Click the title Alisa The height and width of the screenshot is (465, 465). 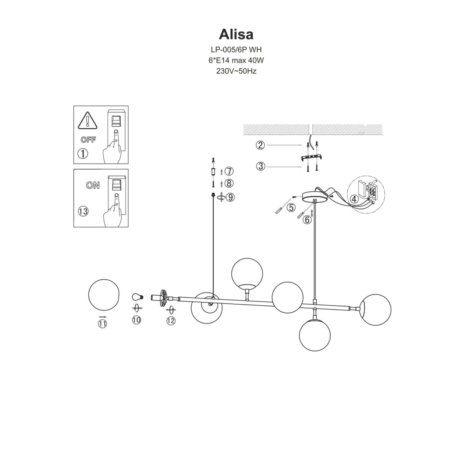(x=236, y=34)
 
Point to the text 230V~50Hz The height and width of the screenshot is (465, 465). (x=236, y=71)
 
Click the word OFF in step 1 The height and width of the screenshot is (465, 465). (x=88, y=140)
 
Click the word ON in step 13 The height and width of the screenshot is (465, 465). (x=93, y=185)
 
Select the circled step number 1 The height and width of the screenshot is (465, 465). (x=83, y=153)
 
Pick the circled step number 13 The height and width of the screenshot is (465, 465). (x=83, y=211)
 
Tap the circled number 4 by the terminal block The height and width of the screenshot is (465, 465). (x=354, y=200)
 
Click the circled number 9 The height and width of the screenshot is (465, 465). (x=230, y=197)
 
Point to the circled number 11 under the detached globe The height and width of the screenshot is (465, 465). (x=102, y=324)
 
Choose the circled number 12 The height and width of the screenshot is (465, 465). (x=171, y=320)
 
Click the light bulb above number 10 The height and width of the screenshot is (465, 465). (x=137, y=297)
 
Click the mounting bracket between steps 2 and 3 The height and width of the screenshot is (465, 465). (x=312, y=158)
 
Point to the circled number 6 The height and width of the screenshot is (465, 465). (x=307, y=220)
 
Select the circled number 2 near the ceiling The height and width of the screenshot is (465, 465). (x=260, y=145)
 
